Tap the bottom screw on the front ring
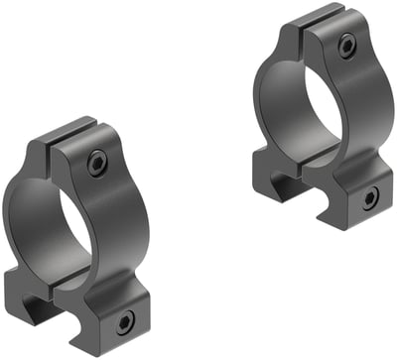(125, 320)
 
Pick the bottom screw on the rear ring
(369, 198)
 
